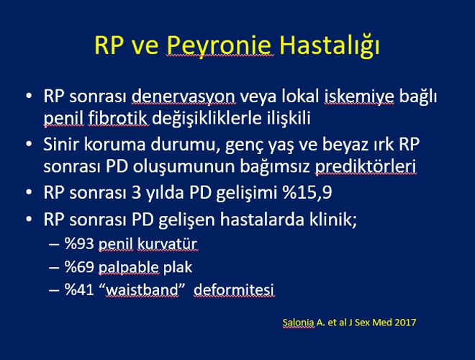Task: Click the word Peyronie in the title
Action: tap(218, 46)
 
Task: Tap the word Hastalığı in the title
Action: tap(330, 46)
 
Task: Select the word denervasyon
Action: tap(184, 97)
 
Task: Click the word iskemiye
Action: tap(359, 96)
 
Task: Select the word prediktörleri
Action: tap(366, 166)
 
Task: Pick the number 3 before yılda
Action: tap(136, 193)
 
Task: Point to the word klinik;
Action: tap(333, 219)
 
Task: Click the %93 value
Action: tap(79, 243)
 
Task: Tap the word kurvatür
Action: tap(167, 244)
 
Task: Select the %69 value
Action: tap(79, 267)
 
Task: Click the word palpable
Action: tap(128, 268)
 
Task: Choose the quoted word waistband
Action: tap(142, 289)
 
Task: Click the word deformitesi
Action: tap(234, 289)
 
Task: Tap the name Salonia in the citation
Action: tap(298, 322)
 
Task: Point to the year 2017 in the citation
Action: tap(405, 322)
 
